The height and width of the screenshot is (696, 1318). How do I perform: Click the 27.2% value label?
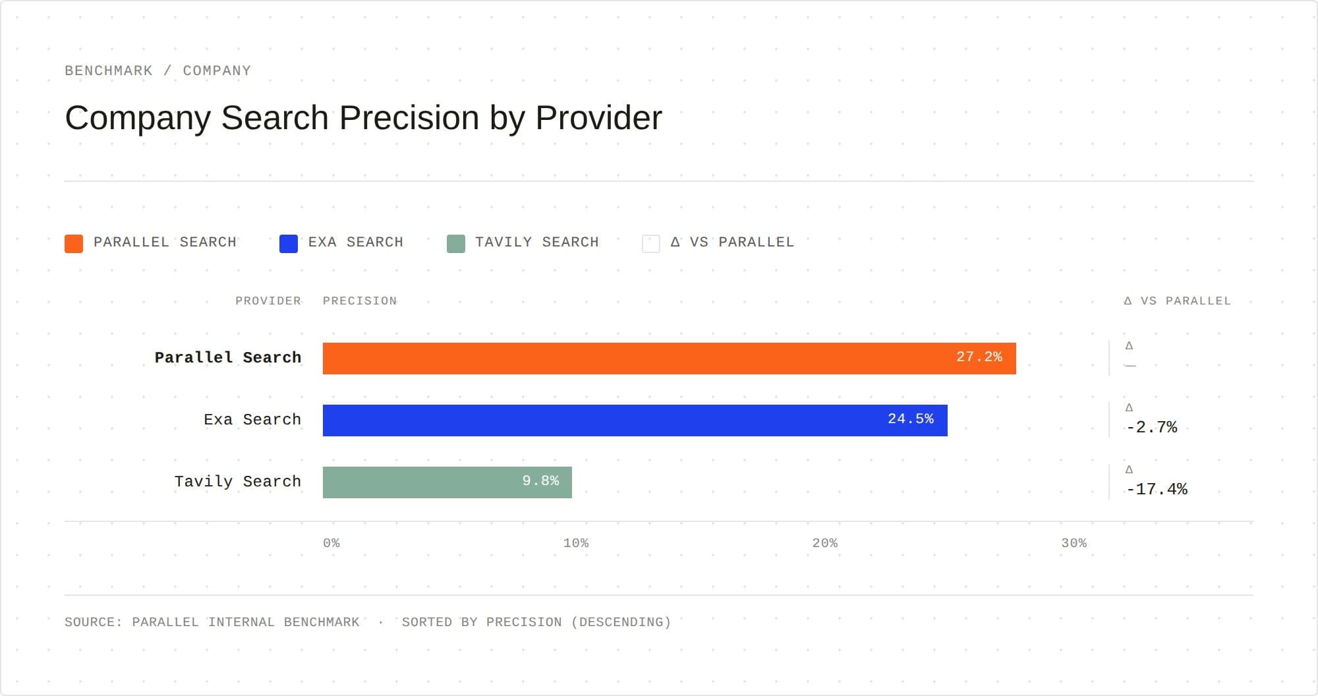(979, 357)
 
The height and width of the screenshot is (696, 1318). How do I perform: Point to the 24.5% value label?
(910, 419)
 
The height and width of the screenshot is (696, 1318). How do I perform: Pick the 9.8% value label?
(540, 480)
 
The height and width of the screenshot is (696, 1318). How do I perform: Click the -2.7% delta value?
(1151, 427)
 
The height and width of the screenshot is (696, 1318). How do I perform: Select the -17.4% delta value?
(1157, 489)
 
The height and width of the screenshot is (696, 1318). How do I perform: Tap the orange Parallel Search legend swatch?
(74, 243)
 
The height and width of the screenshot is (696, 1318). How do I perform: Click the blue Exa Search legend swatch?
(289, 243)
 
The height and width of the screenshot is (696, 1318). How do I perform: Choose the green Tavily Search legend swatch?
(456, 243)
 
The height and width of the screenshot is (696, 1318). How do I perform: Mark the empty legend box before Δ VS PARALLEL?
(651, 243)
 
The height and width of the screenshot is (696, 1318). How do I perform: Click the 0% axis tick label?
(331, 543)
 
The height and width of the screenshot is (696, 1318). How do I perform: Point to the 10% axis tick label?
(576, 543)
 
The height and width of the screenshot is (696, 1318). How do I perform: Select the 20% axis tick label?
(825, 543)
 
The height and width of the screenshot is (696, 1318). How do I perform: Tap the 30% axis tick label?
(1074, 543)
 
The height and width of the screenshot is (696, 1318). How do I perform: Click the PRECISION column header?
(360, 301)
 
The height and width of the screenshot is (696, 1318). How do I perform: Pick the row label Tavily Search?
(237, 482)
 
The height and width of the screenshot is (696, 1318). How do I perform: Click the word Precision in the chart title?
(409, 119)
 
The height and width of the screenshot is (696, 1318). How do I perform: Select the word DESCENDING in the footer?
(620, 622)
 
